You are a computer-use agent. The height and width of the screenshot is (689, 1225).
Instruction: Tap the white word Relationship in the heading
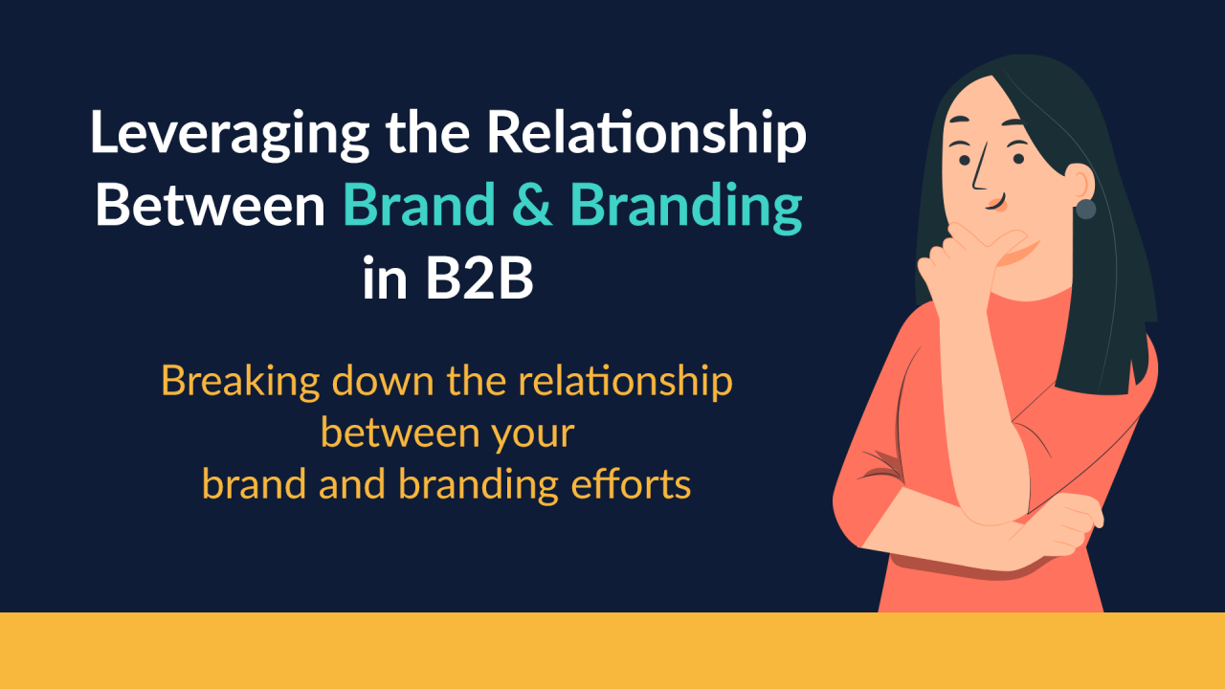646,135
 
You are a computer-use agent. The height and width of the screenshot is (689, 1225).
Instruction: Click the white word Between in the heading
211,206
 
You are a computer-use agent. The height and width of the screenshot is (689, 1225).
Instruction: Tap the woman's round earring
1085,209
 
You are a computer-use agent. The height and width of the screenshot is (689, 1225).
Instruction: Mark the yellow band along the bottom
612,651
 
